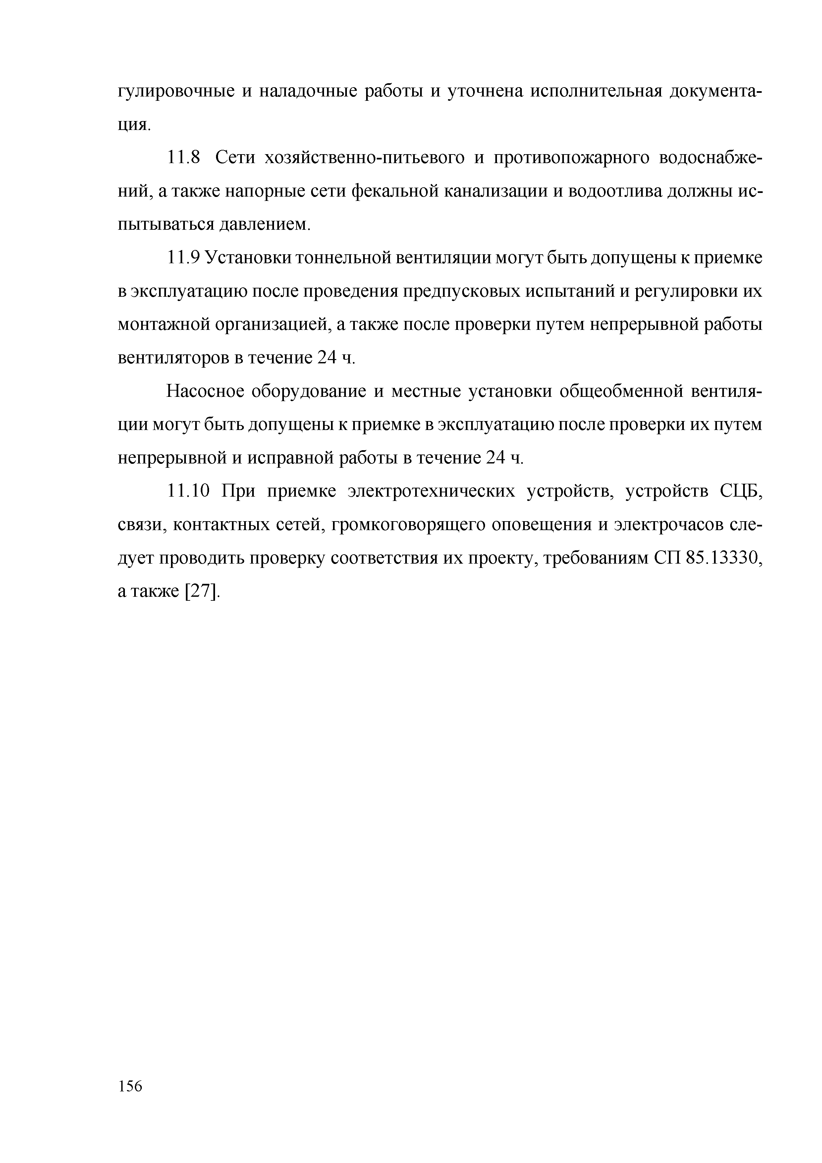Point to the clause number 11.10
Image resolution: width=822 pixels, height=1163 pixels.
pos(188,491)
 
